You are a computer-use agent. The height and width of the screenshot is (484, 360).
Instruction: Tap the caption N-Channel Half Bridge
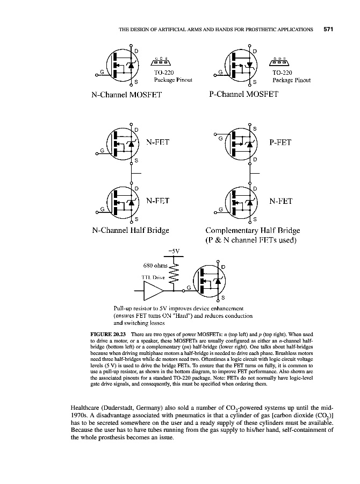(x=131, y=231)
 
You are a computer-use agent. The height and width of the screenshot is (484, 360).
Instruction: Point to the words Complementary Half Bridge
(x=252, y=231)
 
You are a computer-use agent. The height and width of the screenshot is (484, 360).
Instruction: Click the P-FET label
(x=280, y=143)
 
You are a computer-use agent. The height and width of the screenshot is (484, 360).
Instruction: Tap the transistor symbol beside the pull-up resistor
(x=211, y=281)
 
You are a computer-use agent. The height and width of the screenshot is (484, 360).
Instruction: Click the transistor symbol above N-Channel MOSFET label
(x=122, y=65)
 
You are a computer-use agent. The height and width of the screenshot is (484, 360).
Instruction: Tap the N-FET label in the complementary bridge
(x=280, y=201)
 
